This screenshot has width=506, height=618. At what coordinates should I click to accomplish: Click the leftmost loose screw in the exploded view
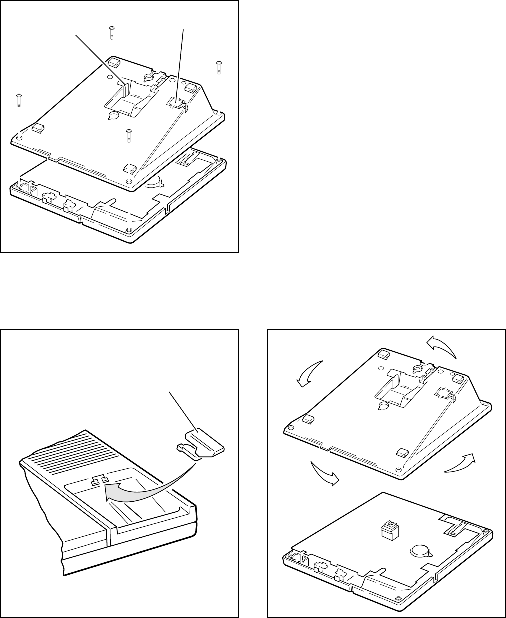point(18,100)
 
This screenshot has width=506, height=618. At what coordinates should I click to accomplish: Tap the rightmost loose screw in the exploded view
point(219,68)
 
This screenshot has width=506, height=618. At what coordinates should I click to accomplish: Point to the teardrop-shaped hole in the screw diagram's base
point(113,115)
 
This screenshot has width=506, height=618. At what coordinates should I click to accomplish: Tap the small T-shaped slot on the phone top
point(98,480)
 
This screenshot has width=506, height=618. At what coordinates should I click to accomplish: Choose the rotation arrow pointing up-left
point(442,346)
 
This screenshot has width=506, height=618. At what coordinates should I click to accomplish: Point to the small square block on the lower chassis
point(388,530)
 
